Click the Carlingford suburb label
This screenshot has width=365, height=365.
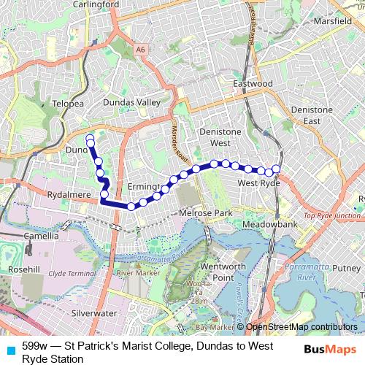coord(96,4)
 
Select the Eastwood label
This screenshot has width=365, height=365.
coord(253,84)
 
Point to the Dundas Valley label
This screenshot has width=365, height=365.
coord(131,103)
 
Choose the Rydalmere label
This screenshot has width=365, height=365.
coord(68,196)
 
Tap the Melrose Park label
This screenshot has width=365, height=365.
coord(205,212)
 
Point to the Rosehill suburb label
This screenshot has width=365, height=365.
coord(23,269)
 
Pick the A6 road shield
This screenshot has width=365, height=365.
coord(141,49)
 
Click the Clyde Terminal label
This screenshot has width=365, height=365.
coord(72,273)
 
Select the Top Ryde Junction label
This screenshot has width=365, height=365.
coord(332,216)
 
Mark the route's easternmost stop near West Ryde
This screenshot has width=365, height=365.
coord(276,169)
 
